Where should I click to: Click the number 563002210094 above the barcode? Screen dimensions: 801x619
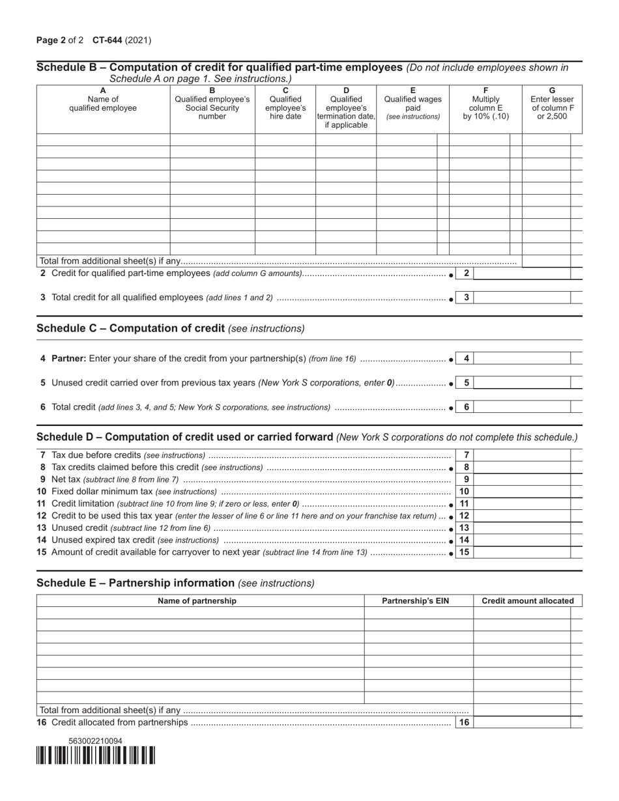tap(95, 741)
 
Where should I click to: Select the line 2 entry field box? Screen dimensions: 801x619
tap(522, 274)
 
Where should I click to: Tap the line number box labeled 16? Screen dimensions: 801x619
tap(464, 722)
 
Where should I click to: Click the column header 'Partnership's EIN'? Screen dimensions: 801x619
tap(418, 600)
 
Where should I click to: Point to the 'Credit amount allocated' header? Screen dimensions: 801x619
tap(527, 600)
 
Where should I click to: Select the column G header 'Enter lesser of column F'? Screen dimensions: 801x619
tap(552, 104)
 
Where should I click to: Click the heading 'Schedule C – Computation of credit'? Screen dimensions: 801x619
tap(131, 328)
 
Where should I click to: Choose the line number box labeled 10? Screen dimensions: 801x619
tap(464, 492)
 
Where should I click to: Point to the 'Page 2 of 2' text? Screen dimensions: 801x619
tap(60, 40)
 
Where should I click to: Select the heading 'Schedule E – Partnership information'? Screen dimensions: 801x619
tap(136, 582)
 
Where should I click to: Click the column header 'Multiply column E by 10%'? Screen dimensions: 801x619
tap(485, 104)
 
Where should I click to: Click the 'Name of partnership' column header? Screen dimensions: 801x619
tap(197, 600)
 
